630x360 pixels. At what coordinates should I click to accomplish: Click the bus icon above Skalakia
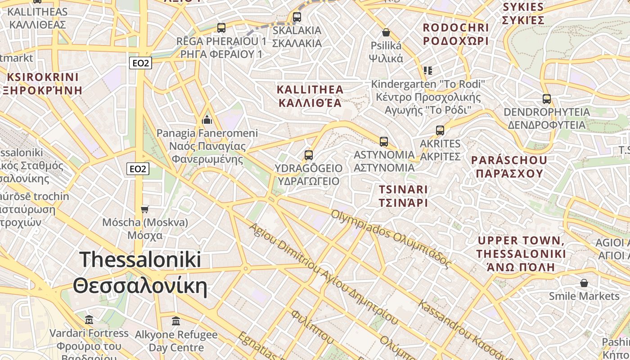pyautogui.click(x=297, y=17)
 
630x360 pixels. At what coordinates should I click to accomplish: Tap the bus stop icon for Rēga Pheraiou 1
pyautogui.click(x=221, y=28)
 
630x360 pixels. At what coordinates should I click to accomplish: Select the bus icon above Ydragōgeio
pyautogui.click(x=308, y=155)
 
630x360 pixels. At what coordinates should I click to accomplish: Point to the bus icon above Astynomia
pyautogui.click(x=383, y=142)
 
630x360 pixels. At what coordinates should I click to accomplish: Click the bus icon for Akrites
pyautogui.click(x=440, y=130)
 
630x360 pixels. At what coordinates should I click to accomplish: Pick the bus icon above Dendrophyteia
pyautogui.click(x=546, y=99)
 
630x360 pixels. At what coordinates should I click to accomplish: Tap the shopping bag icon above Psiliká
pyautogui.click(x=386, y=32)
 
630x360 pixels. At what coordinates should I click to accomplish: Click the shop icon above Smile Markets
pyautogui.click(x=584, y=283)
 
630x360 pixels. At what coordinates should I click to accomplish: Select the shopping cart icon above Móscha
pyautogui.click(x=144, y=209)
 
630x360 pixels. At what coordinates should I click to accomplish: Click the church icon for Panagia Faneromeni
pyautogui.click(x=207, y=120)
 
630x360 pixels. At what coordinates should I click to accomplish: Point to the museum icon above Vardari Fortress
pyautogui.click(x=89, y=320)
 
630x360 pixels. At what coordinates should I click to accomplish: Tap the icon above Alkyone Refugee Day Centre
pyautogui.click(x=176, y=321)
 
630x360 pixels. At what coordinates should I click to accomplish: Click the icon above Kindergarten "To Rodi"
pyautogui.click(x=427, y=71)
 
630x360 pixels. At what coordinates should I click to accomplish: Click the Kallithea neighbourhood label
pyautogui.click(x=310, y=96)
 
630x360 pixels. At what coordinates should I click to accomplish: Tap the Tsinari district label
pyautogui.click(x=403, y=196)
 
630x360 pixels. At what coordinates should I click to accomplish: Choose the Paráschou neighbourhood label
pyautogui.click(x=509, y=166)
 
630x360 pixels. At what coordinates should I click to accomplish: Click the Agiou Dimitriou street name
pyautogui.click(x=323, y=274)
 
